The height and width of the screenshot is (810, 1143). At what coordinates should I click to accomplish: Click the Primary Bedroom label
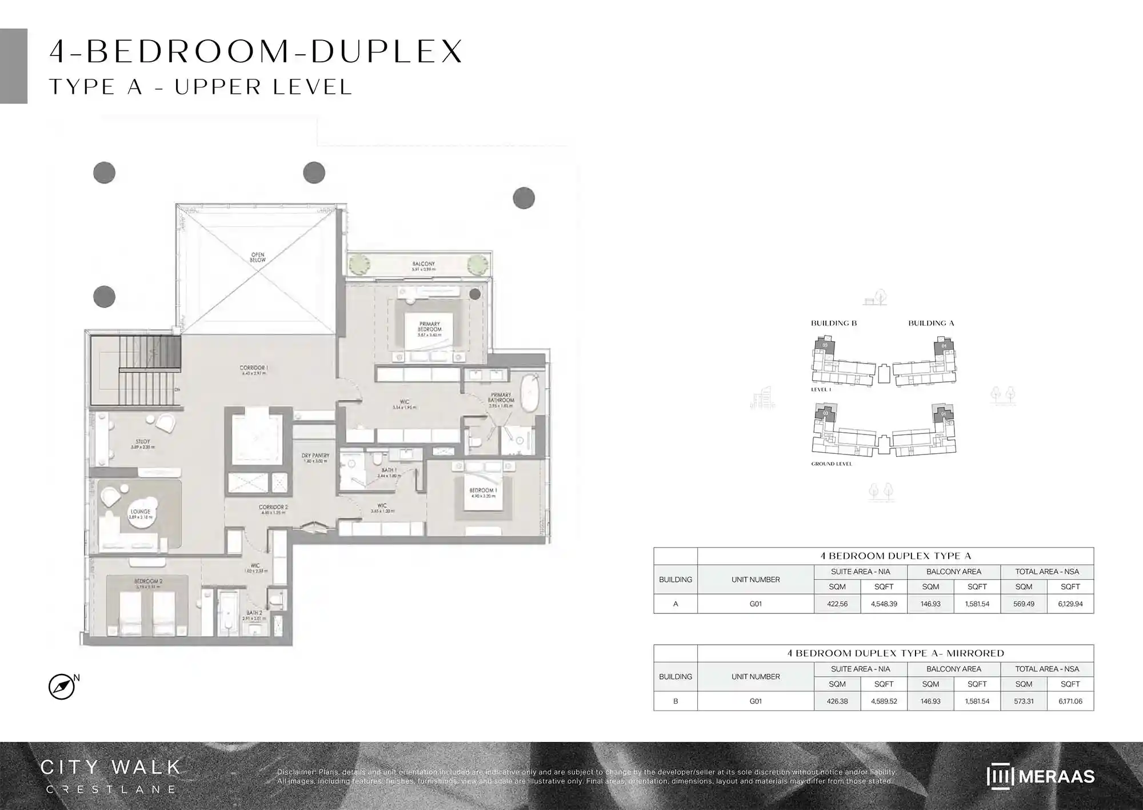[429, 327]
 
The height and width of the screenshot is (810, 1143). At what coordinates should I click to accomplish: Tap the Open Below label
[257, 257]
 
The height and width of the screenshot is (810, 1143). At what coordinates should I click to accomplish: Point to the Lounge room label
[141, 513]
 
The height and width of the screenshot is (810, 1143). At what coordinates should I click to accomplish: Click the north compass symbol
[62, 687]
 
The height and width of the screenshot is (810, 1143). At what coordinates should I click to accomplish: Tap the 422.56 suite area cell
[837, 604]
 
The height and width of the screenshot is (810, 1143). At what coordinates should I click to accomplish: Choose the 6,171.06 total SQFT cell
[1070, 701]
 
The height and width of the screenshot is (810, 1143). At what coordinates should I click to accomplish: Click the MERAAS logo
[1040, 776]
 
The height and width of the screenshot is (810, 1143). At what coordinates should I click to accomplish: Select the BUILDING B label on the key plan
[833, 323]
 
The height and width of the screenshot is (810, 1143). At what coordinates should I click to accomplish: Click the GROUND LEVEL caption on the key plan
[831, 464]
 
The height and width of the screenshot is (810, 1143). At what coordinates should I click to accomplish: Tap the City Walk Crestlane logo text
[110, 775]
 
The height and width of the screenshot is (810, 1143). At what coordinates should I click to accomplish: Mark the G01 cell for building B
[756, 701]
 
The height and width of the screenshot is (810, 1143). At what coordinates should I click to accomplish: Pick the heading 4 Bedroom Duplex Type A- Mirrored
[896, 653]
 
